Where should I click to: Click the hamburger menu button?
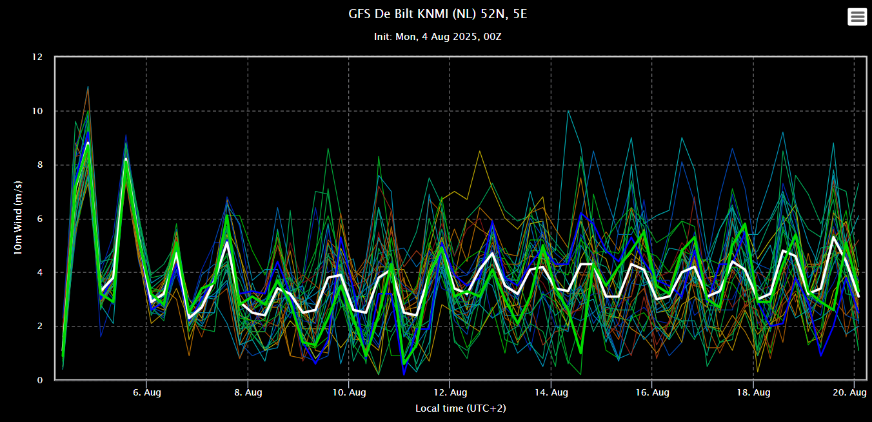tap(857, 17)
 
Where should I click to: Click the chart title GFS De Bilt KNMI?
tap(435, 14)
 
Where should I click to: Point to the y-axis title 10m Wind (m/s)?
tap(19, 218)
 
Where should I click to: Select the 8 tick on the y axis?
tap(40, 165)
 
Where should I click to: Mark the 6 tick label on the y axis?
tap(40, 219)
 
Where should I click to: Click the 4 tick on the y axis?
tap(40, 272)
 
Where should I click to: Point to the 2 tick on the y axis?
tap(40, 327)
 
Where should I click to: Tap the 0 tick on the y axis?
tap(40, 380)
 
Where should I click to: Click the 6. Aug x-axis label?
tap(146, 392)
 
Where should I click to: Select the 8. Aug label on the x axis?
tap(248, 392)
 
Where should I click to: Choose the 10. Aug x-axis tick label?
tap(348, 392)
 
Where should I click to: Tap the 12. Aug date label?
tap(450, 392)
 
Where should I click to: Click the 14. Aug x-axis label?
tap(551, 392)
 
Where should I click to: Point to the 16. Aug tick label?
tap(652, 392)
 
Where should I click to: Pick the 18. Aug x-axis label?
tap(753, 392)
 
